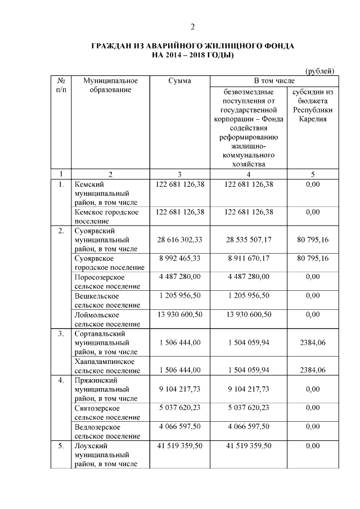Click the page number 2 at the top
coord(192,27)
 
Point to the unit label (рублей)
coord(319,70)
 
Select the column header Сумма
coord(179,81)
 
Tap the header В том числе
coord(272,81)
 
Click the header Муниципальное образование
coord(110,85)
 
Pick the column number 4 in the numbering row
coord(249,174)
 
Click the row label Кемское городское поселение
coord(106,216)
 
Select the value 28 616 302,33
coord(179,240)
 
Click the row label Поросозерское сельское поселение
coord(107,281)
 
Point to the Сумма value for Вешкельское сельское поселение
coord(179,296)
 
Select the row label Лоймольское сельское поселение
coord(107,319)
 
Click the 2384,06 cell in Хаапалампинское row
coord(313,370)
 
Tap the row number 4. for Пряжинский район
coord(60,380)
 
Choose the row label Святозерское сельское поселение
coord(107,412)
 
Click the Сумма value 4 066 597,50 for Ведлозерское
coord(179,427)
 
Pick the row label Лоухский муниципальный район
coord(106,454)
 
